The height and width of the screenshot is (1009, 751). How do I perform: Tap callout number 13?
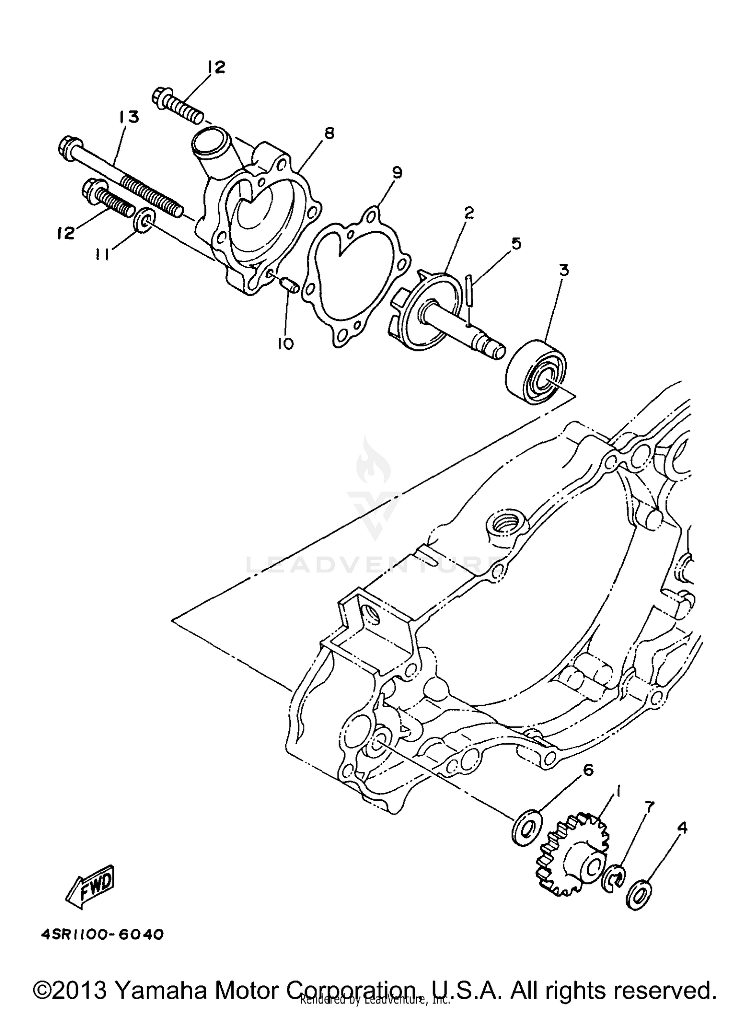[128, 118]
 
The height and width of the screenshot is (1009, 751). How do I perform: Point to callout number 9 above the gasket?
[397, 173]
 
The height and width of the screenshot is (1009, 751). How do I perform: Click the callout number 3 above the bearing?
[564, 271]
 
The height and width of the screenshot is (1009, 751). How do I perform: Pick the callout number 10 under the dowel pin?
[285, 344]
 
